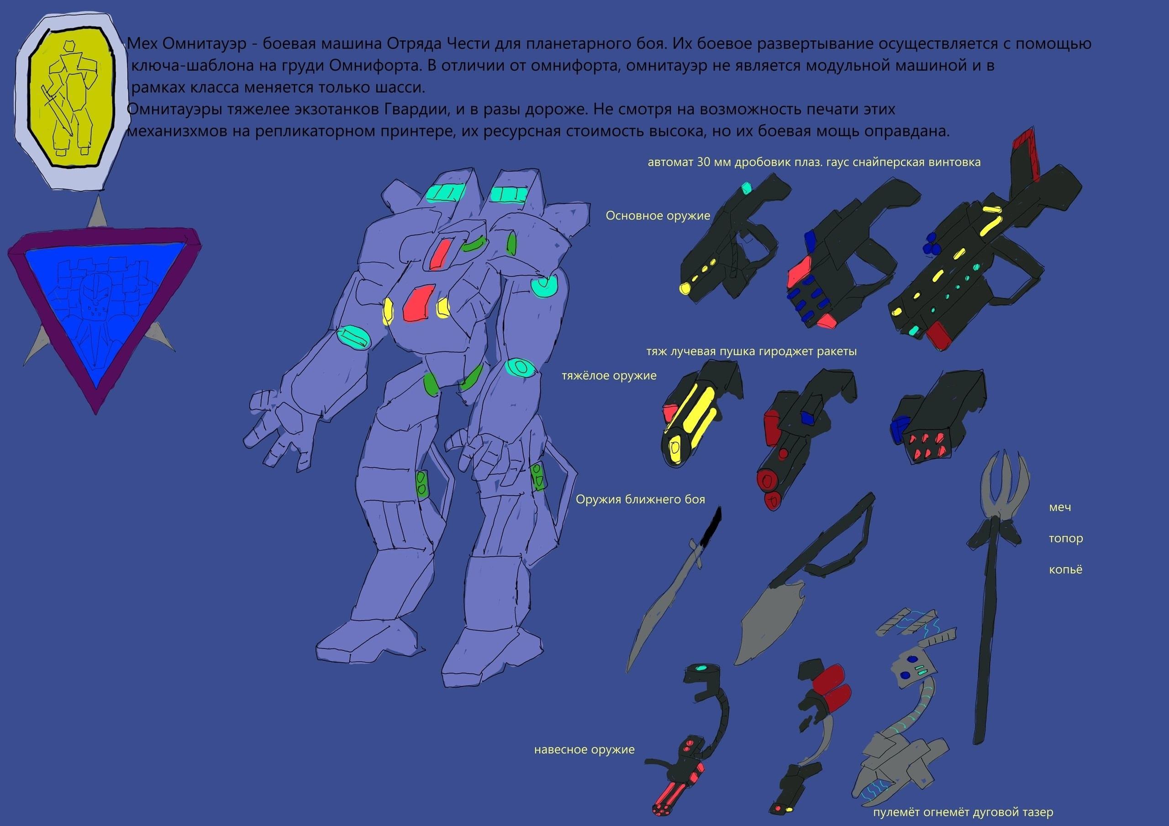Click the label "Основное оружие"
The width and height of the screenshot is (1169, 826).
point(658,216)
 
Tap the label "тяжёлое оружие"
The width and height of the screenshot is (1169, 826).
point(609,376)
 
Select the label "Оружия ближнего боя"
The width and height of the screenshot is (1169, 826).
point(640,499)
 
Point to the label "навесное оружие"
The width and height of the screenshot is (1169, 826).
point(584,750)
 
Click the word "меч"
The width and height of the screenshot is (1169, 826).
point(1060,507)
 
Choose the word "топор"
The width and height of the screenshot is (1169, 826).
point(1066,538)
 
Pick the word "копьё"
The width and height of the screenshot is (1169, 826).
point(1065,569)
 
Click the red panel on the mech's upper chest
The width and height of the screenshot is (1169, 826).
point(440,253)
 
